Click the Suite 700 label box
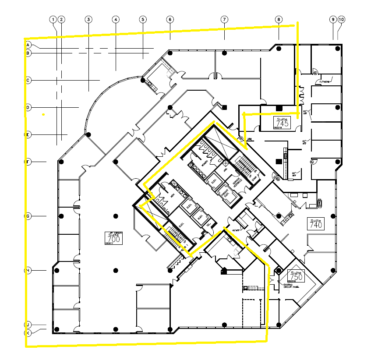[x=113, y=237]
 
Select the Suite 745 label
[x=283, y=123]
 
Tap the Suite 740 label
[x=315, y=224]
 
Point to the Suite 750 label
[x=295, y=276]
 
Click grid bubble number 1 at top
[x=53, y=20]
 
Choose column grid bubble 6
[x=170, y=20]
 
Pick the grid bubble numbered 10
[x=342, y=20]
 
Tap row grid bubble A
[x=28, y=45]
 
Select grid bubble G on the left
[x=28, y=216]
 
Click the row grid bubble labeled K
[x=28, y=332]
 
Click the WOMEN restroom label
[x=204, y=163]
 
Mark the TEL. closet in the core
[x=208, y=225]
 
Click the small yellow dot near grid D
[x=43, y=115]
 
